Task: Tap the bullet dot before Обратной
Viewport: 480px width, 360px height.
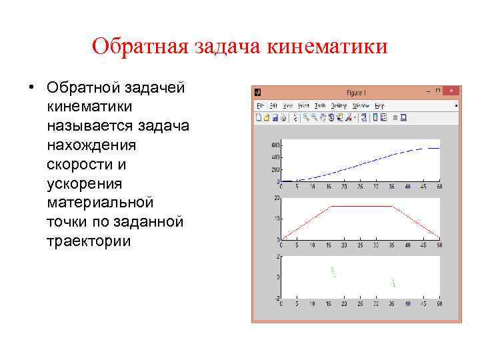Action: pyautogui.click(x=31, y=88)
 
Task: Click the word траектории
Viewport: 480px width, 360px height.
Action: pyautogui.click(x=89, y=241)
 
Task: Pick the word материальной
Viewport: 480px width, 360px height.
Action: pyautogui.click(x=100, y=202)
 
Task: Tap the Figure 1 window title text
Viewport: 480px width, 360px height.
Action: pyautogui.click(x=357, y=93)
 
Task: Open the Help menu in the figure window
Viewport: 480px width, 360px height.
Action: pyautogui.click(x=379, y=105)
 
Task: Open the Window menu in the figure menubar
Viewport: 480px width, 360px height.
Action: pyautogui.click(x=361, y=105)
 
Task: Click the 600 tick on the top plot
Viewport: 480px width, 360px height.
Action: pyautogui.click(x=275, y=145)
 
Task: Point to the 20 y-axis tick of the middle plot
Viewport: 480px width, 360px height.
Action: pyautogui.click(x=277, y=198)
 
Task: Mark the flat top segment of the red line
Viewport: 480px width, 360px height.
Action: pyautogui.click(x=361, y=206)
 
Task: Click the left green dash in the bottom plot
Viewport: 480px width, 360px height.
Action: pyautogui.click(x=333, y=271)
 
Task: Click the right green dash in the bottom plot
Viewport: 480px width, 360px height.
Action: pyautogui.click(x=393, y=282)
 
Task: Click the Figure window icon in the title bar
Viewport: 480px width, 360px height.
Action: pyautogui.click(x=257, y=93)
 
